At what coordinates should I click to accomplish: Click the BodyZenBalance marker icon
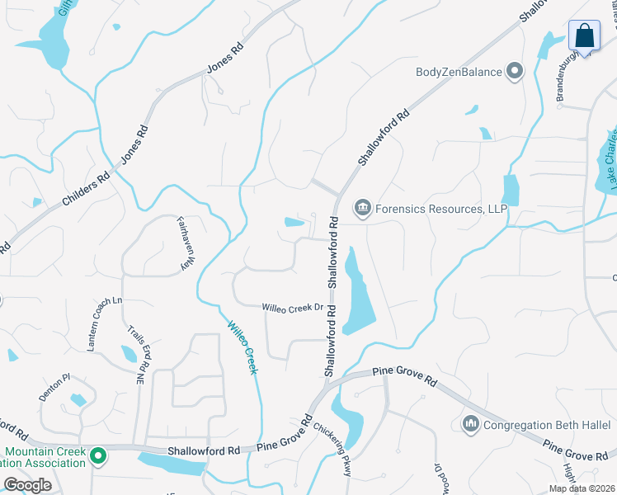point(516,72)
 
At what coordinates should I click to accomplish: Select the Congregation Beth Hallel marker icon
point(471,425)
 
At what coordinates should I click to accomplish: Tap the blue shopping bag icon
point(584,36)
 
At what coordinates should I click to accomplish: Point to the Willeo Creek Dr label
point(292,308)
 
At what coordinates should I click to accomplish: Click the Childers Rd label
point(86,188)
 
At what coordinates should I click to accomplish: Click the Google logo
point(27,485)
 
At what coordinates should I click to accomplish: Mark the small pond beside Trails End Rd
point(130,354)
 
